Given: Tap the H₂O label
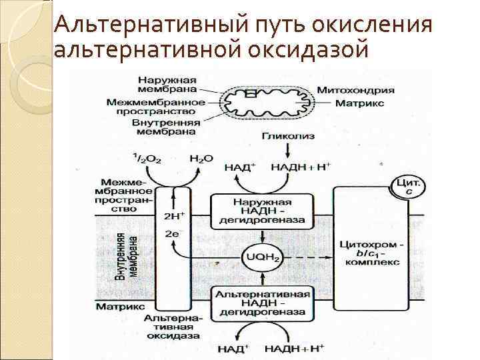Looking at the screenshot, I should coord(201,160).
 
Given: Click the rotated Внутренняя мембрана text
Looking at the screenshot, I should coord(127,255).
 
